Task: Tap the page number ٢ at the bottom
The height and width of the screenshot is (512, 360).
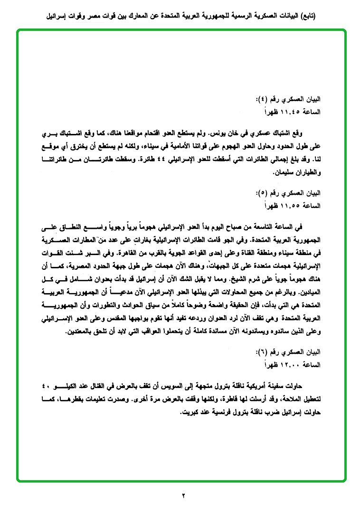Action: [x=184, y=496]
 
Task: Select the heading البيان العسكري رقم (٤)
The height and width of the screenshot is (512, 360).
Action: [x=294, y=100]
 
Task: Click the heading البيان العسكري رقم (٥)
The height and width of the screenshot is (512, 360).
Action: [x=294, y=193]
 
